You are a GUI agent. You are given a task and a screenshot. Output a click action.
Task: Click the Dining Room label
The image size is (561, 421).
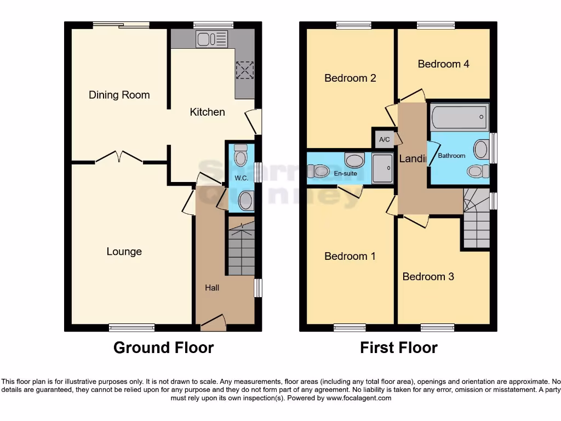(119, 95)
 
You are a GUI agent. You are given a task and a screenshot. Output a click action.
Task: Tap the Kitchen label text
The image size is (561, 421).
(207, 112)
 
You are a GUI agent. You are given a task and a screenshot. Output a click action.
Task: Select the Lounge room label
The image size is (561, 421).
(124, 252)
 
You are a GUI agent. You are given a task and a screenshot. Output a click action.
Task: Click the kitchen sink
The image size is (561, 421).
(211, 38)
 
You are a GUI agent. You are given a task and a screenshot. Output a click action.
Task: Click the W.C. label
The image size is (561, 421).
(241, 178)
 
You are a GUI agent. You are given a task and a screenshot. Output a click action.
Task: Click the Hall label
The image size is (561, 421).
(212, 287)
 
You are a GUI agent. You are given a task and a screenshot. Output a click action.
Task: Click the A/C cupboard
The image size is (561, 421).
(385, 139)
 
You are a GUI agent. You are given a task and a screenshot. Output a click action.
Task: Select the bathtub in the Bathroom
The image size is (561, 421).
(460, 116)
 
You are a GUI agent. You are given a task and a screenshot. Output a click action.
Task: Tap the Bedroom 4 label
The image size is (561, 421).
(443, 64)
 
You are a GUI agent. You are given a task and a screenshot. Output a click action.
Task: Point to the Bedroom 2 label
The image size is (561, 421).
(350, 78)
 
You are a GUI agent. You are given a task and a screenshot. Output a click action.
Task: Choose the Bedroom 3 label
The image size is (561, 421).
(428, 276)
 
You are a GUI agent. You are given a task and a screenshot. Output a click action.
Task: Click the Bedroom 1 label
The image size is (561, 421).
(350, 256)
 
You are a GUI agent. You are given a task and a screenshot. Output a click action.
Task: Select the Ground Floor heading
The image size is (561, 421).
(163, 348)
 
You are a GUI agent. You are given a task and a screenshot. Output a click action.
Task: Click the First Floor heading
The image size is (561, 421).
(398, 348)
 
